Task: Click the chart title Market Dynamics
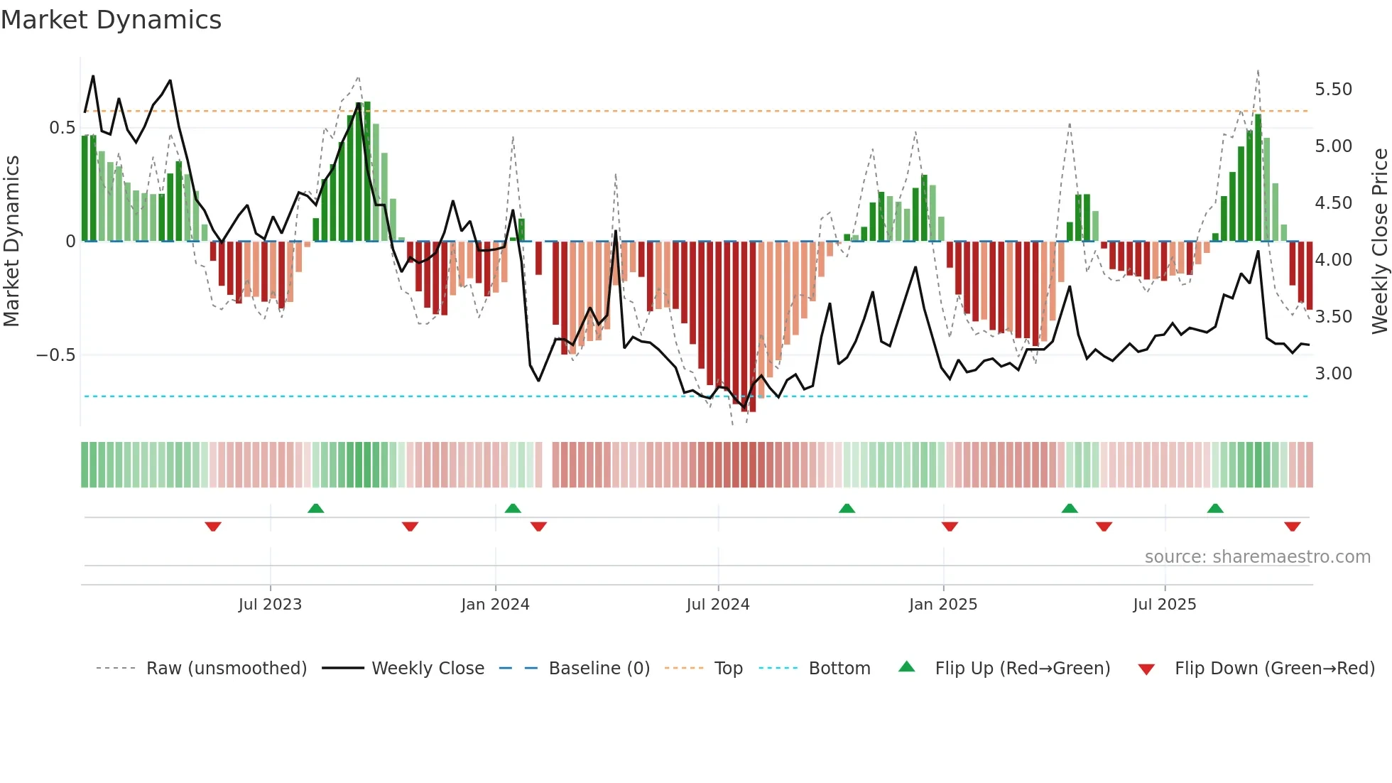pos(111,20)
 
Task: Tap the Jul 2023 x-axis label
pos(270,605)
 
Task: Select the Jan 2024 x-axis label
pos(495,605)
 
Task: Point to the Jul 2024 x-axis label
pos(717,605)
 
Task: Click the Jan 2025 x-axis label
pos(942,605)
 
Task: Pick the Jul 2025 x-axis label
pos(1164,605)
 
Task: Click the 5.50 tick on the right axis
pos(1333,90)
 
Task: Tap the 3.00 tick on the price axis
pos(1333,374)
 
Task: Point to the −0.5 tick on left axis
pos(56,355)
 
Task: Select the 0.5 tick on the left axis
pos(62,128)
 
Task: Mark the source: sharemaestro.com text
pos(1257,557)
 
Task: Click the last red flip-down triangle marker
pos(1292,526)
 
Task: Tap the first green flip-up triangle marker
pos(316,508)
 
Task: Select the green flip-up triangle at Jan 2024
pos(513,508)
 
